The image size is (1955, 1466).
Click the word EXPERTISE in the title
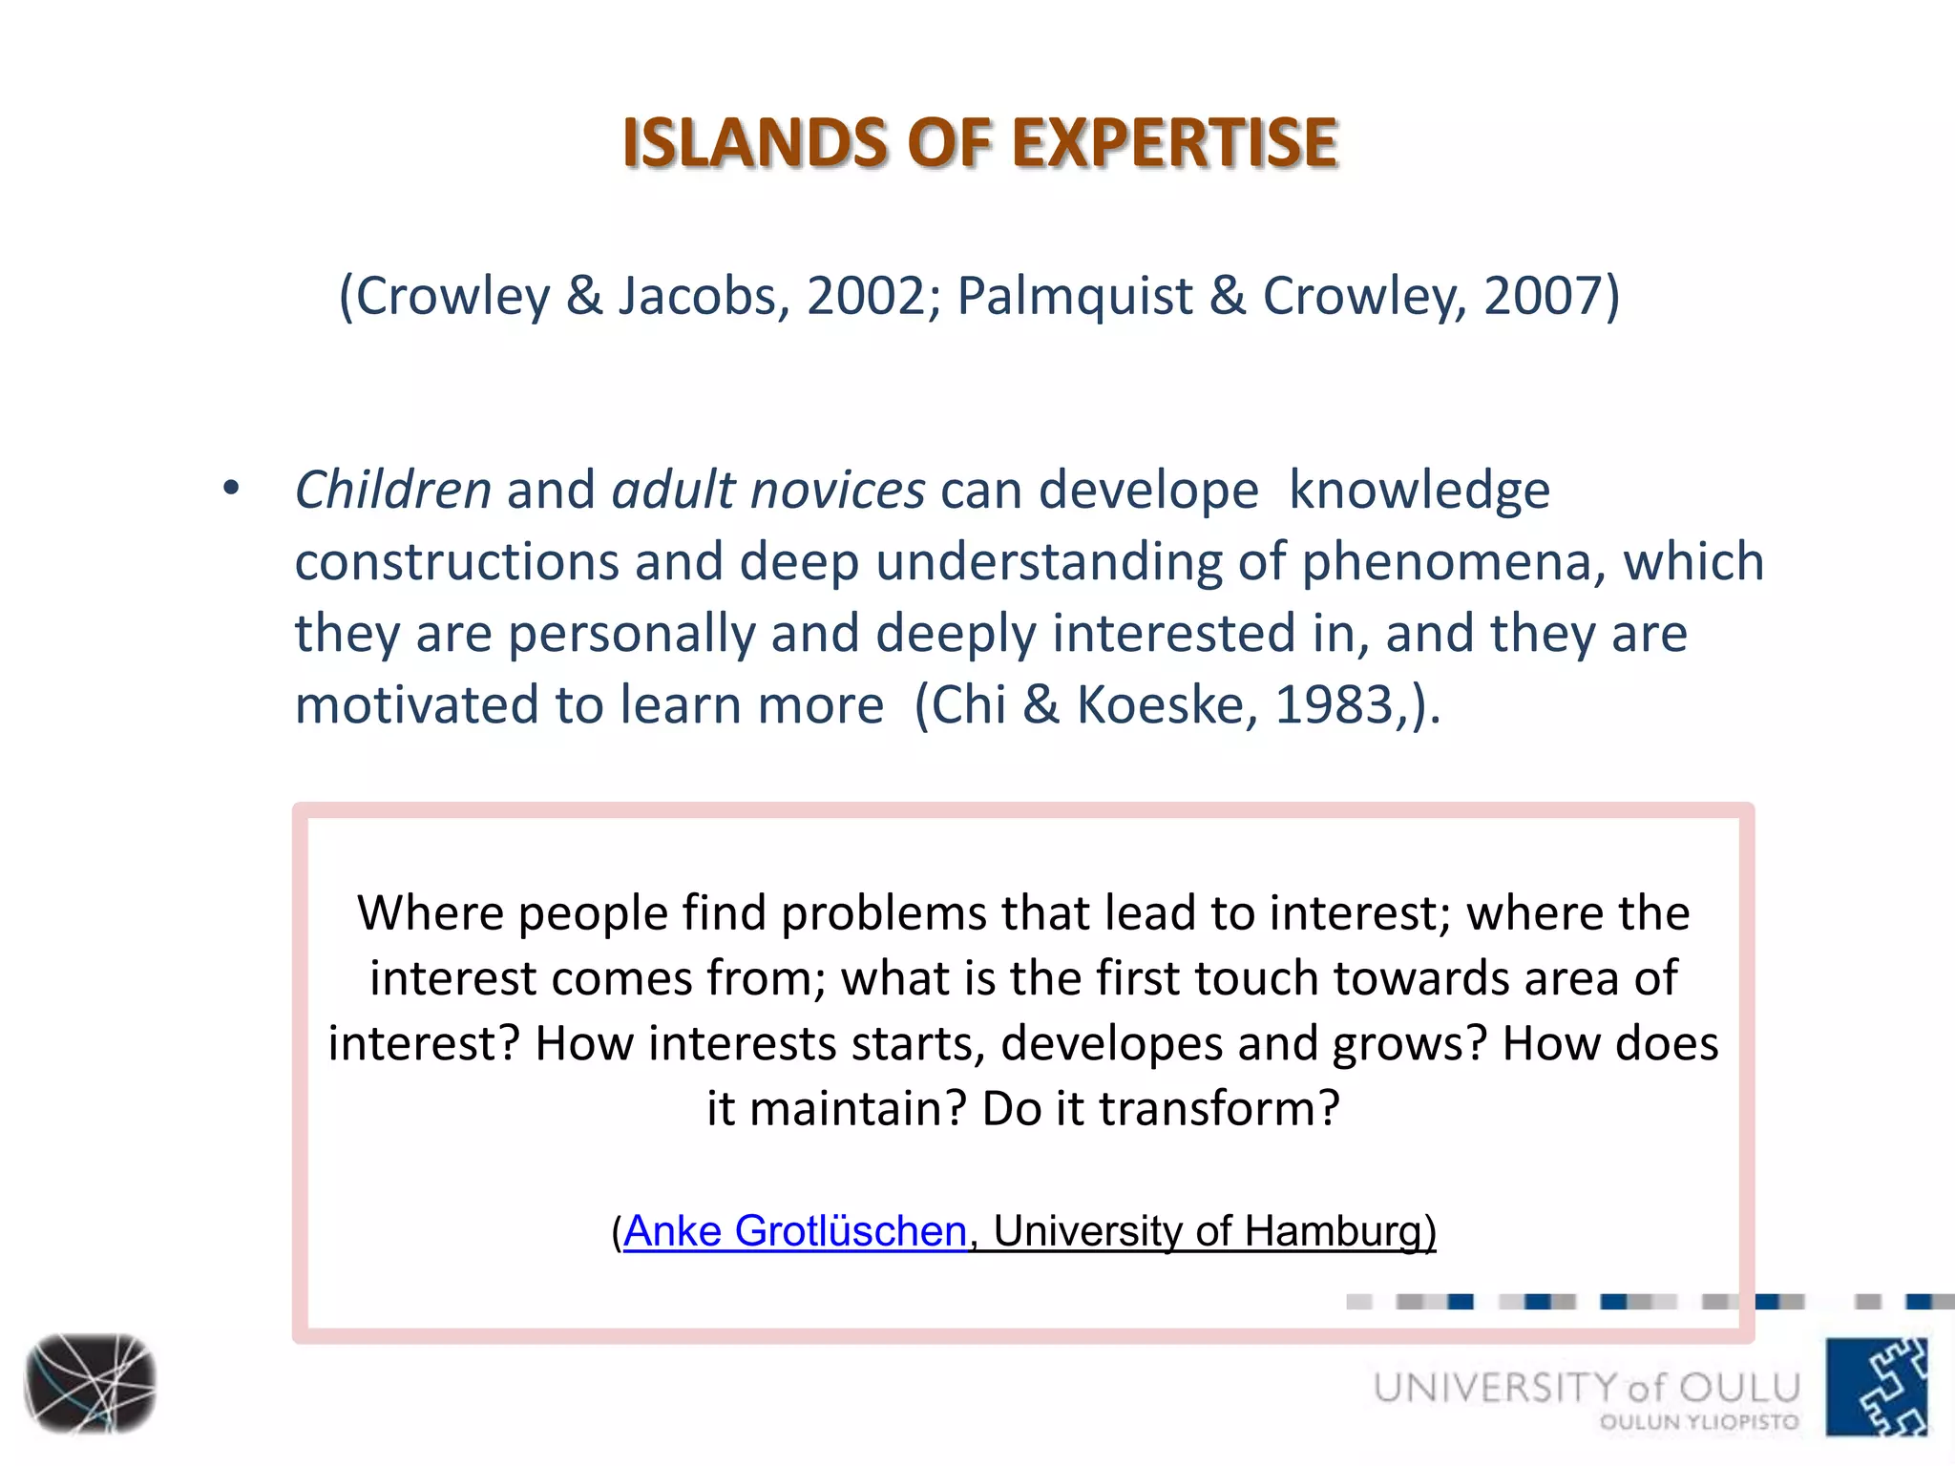1174,143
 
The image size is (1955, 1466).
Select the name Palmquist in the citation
1075,296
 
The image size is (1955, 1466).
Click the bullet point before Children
230,490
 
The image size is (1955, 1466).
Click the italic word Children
392,491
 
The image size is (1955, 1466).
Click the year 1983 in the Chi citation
1334,705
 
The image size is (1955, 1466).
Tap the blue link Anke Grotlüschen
795,1231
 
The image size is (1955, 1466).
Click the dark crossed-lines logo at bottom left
90,1383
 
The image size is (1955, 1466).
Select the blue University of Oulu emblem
1876,1387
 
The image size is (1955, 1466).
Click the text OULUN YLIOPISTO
1699,1422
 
